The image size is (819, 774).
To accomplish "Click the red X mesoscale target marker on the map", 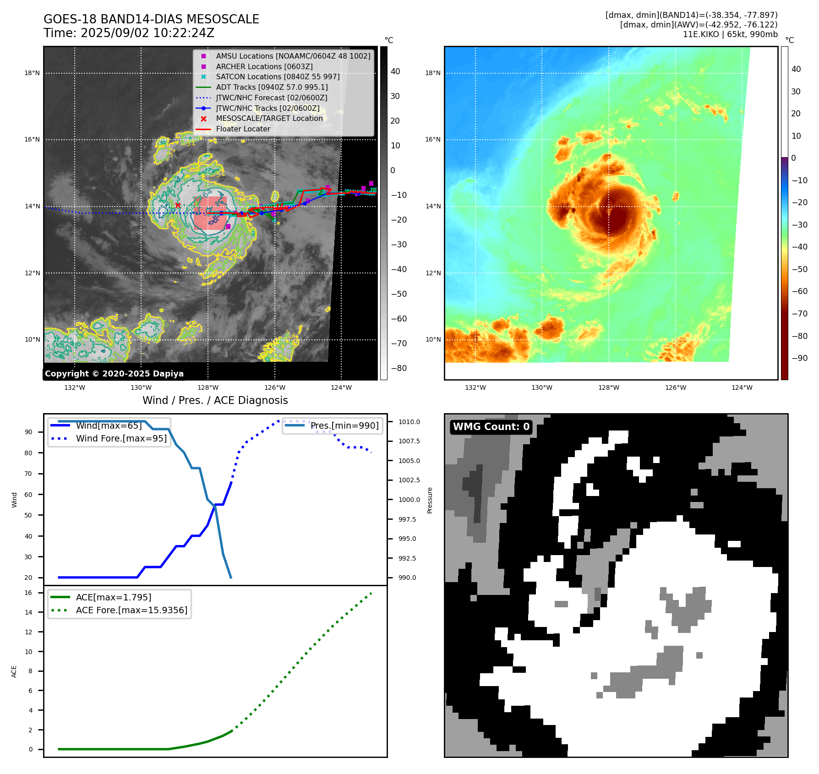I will (x=178, y=205).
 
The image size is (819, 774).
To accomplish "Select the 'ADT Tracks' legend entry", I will (x=272, y=87).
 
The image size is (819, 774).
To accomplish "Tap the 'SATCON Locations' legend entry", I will (x=278, y=77).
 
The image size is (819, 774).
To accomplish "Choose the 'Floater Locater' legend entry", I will (x=243, y=129).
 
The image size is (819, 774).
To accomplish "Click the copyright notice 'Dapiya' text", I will (x=114, y=374).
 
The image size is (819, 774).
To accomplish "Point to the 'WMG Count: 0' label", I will (x=491, y=427).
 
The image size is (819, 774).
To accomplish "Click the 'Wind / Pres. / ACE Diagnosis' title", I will (x=215, y=400).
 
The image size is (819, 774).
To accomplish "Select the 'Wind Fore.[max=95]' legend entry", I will (x=121, y=438).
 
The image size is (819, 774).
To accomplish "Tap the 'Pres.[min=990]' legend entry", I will (x=344, y=425).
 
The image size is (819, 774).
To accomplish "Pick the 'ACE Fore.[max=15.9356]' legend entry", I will (x=131, y=610).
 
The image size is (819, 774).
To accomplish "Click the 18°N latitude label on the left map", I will (x=32, y=73).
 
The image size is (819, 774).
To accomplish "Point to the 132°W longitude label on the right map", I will (x=475, y=387).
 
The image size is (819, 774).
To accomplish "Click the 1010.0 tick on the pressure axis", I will (x=409, y=422).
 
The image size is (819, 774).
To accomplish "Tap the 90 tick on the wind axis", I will (x=28, y=432).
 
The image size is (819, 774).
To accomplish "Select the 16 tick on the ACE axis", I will (x=28, y=593).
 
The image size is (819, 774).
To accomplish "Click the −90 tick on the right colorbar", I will (x=799, y=358).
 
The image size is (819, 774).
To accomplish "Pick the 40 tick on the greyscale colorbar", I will (x=395, y=71).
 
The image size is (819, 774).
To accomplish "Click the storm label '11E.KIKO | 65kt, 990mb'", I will (x=730, y=34).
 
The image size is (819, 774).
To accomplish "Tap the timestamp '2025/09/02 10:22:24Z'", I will (x=147, y=33).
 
